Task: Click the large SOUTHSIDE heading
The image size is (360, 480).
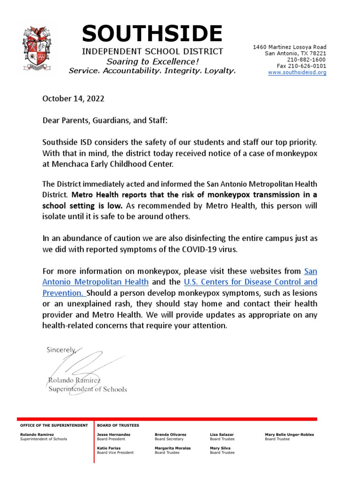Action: coord(152,34)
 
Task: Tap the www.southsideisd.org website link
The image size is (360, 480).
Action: coord(297,73)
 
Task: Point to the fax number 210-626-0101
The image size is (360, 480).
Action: coord(302,66)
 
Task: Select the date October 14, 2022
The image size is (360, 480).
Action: coord(73,99)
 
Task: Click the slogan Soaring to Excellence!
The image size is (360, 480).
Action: coord(152,61)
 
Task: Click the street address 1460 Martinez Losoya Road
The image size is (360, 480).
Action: coord(290,47)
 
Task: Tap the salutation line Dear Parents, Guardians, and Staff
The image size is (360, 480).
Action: coord(105,120)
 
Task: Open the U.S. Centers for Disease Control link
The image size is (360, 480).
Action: coord(251,282)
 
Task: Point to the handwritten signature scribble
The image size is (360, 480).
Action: coord(89,363)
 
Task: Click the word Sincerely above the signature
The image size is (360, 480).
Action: coord(61,350)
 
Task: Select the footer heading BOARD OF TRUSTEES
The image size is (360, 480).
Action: coord(118,425)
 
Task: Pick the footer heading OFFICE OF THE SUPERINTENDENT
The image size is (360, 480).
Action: coord(54,425)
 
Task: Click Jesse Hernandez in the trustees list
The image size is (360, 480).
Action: coord(113,435)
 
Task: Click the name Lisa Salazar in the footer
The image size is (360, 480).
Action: coord(222,435)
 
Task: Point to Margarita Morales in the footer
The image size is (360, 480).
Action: coord(172,448)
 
